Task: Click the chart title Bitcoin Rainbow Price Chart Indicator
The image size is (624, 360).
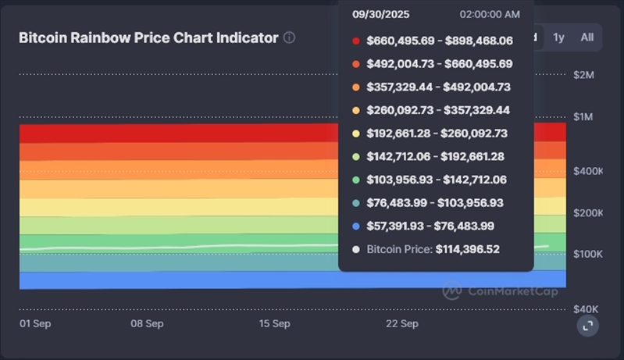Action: (148, 37)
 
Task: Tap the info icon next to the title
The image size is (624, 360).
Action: (290, 37)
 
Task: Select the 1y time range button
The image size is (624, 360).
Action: (558, 37)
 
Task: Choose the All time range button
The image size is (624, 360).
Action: (587, 37)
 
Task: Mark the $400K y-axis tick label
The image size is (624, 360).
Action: (587, 171)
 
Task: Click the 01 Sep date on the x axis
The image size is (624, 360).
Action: (35, 323)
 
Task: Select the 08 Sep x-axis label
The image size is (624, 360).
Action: (147, 323)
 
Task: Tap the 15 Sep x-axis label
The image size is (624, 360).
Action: (274, 323)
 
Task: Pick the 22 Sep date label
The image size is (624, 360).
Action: (402, 323)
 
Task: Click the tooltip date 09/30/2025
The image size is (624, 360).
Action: (380, 15)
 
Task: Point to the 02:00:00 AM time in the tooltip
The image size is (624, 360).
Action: (490, 15)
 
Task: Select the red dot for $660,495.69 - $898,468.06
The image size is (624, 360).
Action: (356, 41)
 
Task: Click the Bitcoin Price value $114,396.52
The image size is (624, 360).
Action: (467, 249)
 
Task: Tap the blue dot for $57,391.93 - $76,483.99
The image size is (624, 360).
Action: (356, 226)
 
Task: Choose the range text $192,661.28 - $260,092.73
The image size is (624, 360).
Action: (437, 134)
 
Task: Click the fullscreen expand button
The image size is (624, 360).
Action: (587, 326)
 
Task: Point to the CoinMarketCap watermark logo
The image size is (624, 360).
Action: (453, 291)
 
